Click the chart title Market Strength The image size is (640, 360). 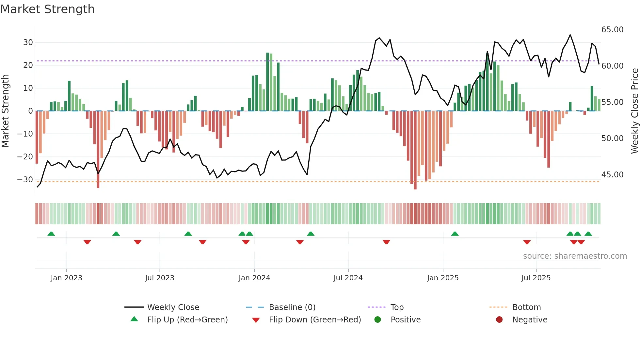pyautogui.click(x=47, y=9)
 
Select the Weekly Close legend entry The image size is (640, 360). pyautogui.click(x=173, y=307)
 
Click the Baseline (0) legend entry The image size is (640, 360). pyautogui.click(x=292, y=307)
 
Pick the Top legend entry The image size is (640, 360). pyautogui.click(x=397, y=307)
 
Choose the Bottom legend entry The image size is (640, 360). pyautogui.click(x=526, y=307)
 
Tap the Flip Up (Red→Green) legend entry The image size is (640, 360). pyautogui.click(x=187, y=319)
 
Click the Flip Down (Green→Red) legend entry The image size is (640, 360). pyautogui.click(x=315, y=319)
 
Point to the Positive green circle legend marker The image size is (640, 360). pyautogui.click(x=378, y=319)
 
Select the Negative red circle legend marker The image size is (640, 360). pyautogui.click(x=499, y=319)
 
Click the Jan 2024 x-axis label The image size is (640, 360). pyautogui.click(x=254, y=278)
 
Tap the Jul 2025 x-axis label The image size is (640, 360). pyautogui.click(x=536, y=278)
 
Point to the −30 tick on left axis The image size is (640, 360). pyautogui.click(x=25, y=180)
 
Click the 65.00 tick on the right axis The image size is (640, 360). pyautogui.click(x=612, y=30)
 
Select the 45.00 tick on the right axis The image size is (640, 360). pyautogui.click(x=612, y=175)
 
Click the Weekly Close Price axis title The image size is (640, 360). pyautogui.click(x=634, y=111)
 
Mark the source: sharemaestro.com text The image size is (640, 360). pyautogui.click(x=575, y=256)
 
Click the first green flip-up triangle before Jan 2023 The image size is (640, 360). pyautogui.click(x=51, y=234)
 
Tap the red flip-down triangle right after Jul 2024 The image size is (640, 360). pyautogui.click(x=386, y=242)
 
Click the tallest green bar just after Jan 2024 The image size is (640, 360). pyautogui.click(x=267, y=82)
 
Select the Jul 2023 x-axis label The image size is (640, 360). pyautogui.click(x=160, y=278)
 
